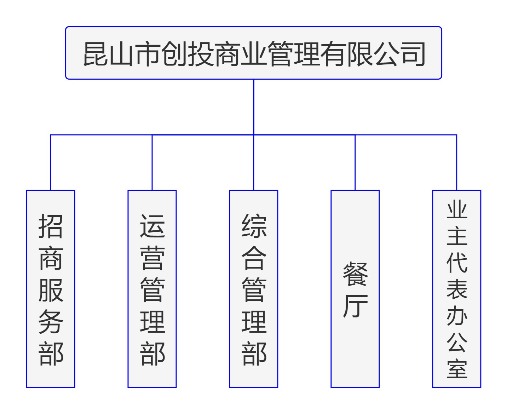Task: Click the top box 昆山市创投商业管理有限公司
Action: tap(253, 53)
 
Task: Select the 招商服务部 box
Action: tap(51, 289)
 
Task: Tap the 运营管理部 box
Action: tap(152, 289)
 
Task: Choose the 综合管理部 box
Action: tap(254, 289)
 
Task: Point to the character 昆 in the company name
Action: tap(96, 54)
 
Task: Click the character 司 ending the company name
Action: tap(413, 54)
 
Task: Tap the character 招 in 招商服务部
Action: tap(51, 226)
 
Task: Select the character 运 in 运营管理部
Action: tap(152, 226)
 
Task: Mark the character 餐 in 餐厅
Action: tap(355, 274)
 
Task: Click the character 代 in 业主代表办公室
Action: tap(457, 263)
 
